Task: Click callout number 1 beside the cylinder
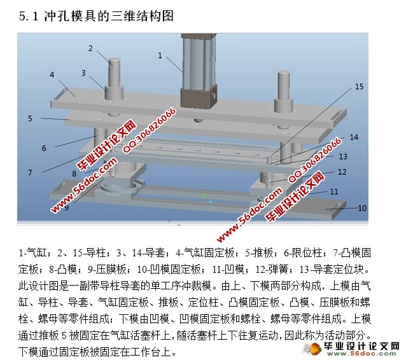160,55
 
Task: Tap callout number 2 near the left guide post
90,48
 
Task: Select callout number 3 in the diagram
83,73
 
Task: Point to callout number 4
52,75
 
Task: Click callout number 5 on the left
30,118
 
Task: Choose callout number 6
44,148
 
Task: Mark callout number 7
30,172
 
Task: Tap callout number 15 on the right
359,87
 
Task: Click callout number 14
354,137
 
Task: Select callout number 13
343,156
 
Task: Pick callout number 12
342,172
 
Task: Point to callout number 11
334,191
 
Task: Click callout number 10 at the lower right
362,208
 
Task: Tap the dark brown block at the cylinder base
199,98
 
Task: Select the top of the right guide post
284,74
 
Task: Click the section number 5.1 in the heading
29,17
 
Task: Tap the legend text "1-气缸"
32,253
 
